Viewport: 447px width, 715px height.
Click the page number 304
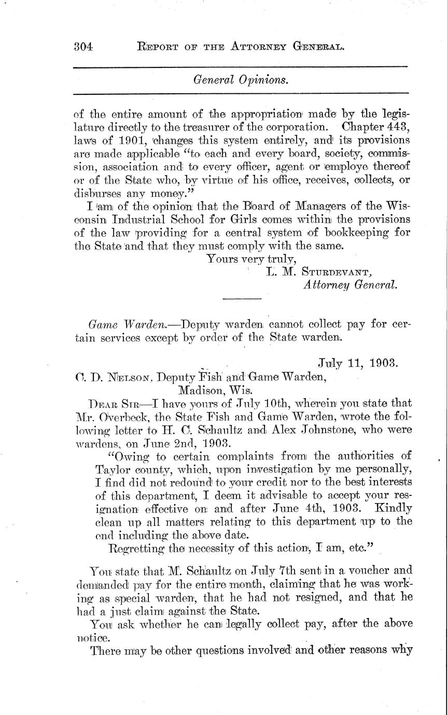(x=82, y=47)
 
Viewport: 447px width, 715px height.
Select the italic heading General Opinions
(x=241, y=80)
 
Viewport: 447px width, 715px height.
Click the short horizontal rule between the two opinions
(x=242, y=298)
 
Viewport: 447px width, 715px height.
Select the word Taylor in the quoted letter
(x=111, y=469)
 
